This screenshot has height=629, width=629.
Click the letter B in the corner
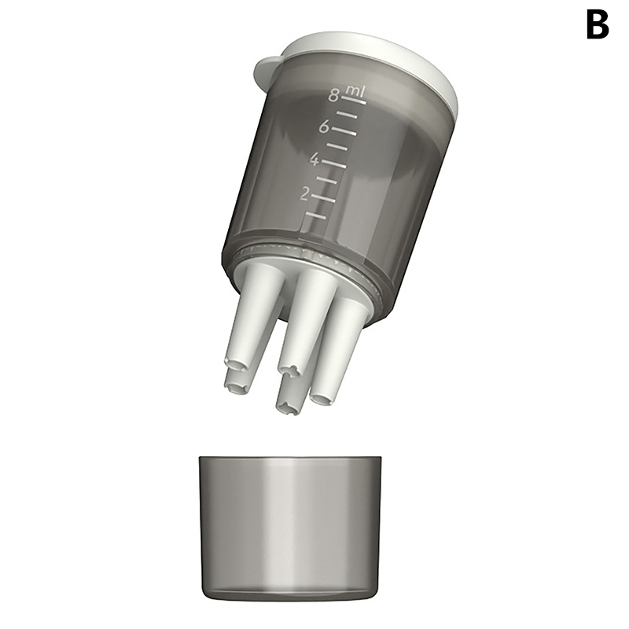coord(598,24)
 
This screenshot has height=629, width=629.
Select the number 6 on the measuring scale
coord(325,127)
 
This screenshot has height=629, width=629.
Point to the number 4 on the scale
coord(314,160)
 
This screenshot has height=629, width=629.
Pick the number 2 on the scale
coord(305,194)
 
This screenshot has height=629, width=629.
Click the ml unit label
coord(355,91)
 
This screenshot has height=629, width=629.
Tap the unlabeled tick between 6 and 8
coord(347,115)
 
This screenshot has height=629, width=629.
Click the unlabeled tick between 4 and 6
coord(337,147)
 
